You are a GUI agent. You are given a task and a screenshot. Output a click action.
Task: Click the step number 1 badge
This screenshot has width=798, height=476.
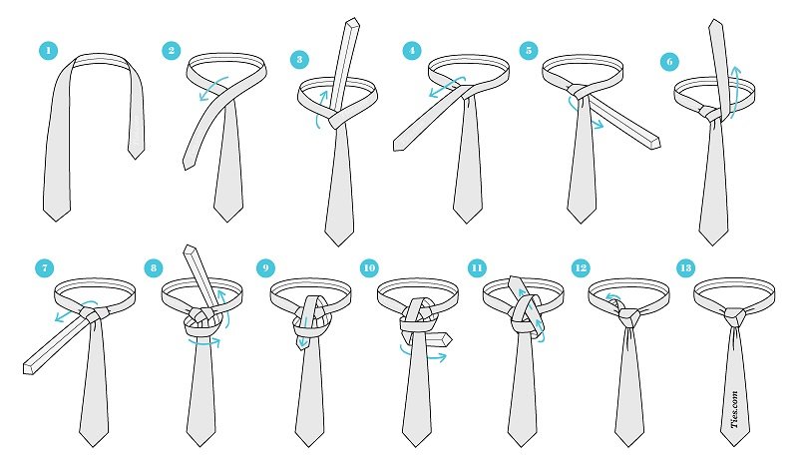click(48, 51)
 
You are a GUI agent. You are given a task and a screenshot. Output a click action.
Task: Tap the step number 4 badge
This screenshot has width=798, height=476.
click(412, 51)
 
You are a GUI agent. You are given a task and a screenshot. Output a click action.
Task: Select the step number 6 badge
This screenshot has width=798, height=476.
click(669, 62)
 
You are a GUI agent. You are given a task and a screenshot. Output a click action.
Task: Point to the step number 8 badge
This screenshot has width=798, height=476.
click(154, 267)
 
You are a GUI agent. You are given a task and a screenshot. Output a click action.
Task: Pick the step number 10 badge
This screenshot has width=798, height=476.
click(369, 267)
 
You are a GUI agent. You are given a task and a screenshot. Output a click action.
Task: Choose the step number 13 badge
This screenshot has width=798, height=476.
click(685, 267)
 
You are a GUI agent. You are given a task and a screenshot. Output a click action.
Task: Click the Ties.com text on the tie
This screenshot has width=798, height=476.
click(734, 409)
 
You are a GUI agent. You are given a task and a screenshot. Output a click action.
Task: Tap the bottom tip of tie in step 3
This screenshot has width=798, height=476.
click(338, 245)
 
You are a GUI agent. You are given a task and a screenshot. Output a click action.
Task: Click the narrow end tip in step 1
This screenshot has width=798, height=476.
click(136, 159)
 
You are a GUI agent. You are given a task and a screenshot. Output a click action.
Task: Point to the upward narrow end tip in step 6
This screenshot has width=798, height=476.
click(715, 20)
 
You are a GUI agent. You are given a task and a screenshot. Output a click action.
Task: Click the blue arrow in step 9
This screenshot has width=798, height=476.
click(305, 333)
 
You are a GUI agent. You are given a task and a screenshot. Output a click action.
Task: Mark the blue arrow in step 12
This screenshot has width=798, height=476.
click(612, 296)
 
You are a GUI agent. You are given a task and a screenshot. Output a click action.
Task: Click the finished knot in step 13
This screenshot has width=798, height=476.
click(735, 318)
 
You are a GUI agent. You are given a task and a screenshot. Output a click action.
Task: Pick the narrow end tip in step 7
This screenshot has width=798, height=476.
click(28, 368)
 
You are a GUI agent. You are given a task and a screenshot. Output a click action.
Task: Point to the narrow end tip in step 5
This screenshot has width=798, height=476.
click(655, 143)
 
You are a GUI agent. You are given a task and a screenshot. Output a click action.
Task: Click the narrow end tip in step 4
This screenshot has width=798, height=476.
click(398, 146)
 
